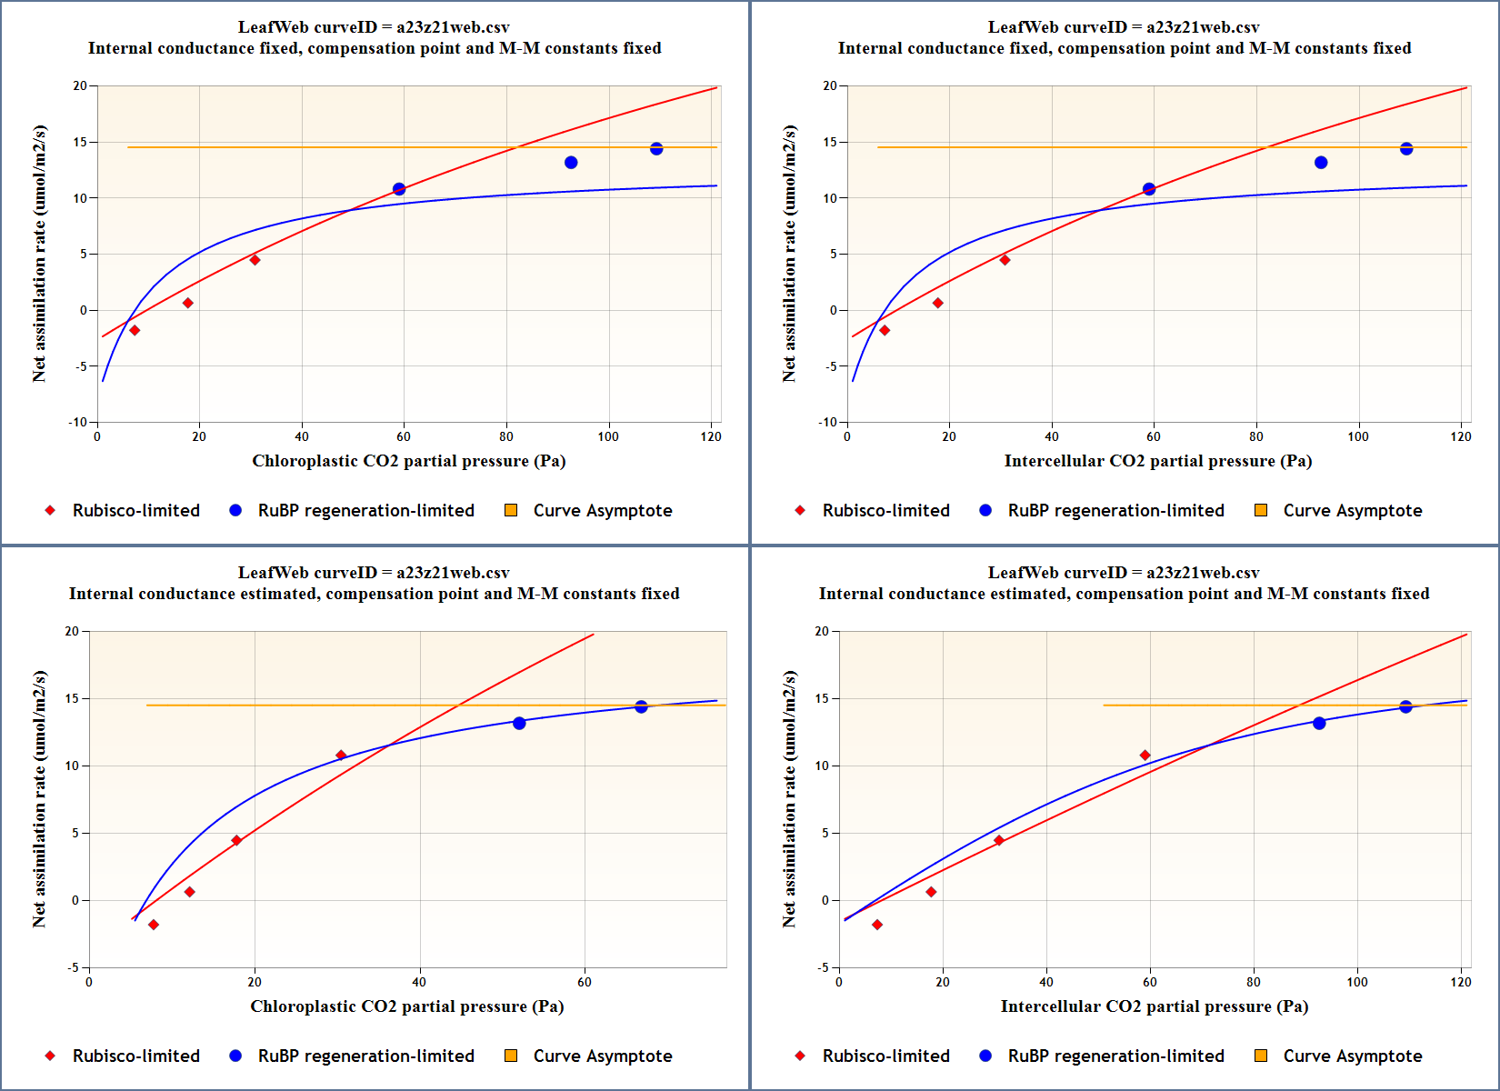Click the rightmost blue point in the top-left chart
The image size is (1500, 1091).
656,149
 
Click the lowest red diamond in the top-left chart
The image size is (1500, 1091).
135,331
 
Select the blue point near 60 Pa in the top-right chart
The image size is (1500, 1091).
1149,189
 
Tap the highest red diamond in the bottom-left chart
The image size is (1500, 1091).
341,756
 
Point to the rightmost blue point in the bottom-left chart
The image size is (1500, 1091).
641,706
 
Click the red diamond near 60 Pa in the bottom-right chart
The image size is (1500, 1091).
1145,756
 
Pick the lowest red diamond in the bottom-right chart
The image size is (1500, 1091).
877,925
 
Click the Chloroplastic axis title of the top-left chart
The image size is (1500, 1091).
408,461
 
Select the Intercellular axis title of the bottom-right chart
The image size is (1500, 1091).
1154,1006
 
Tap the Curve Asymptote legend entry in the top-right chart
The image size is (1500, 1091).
1352,511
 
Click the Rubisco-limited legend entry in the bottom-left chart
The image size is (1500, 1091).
135,1056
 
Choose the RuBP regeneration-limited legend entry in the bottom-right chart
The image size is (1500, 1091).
1115,1056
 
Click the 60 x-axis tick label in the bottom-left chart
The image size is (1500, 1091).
585,982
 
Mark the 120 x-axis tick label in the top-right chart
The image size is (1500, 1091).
1461,436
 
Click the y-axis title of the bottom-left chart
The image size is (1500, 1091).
39,799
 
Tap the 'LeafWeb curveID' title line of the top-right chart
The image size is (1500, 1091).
1124,27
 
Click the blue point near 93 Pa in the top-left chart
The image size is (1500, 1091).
571,163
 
